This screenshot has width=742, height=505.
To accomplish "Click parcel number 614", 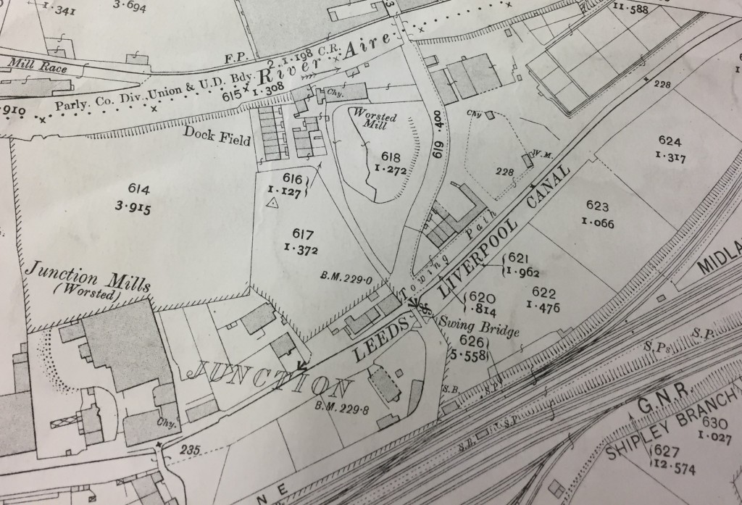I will (138, 189).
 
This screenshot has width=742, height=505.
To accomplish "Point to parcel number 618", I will (391, 156).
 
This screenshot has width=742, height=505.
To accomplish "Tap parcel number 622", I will (543, 293).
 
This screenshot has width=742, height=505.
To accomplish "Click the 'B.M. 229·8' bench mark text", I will (342, 406).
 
